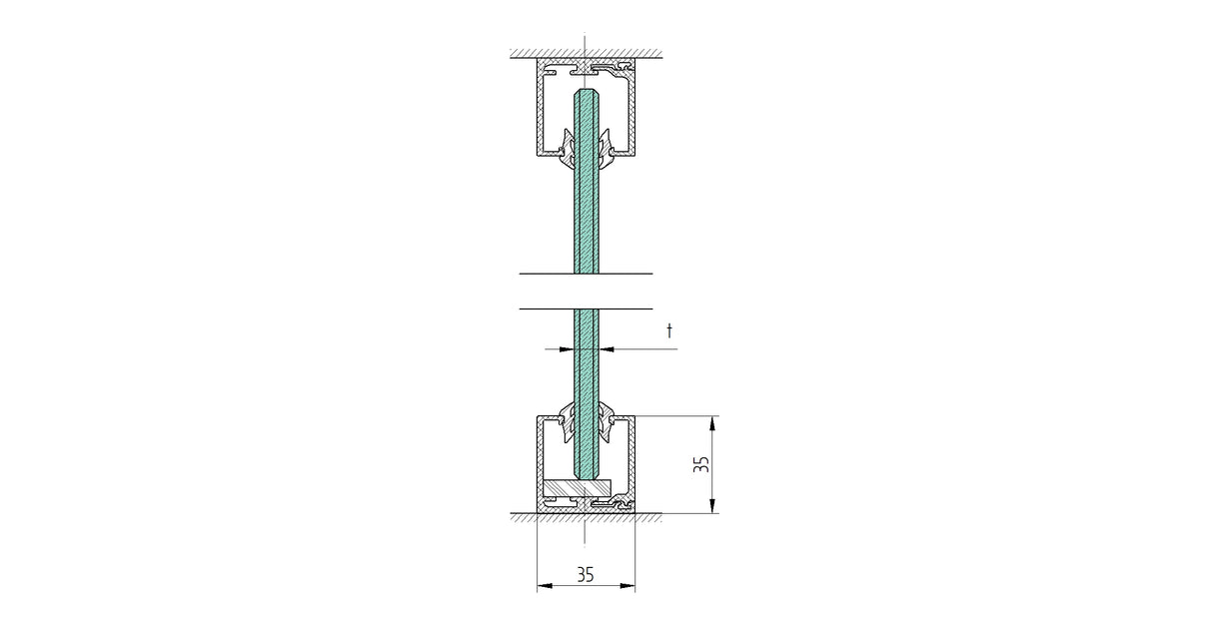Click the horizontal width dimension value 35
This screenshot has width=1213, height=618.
[586, 574]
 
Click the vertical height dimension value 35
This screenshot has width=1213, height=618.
[701, 464]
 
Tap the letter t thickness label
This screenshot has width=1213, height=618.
[670, 330]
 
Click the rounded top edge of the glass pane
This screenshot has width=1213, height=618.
[587, 91]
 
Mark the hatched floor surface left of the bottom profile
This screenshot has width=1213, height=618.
[523, 517]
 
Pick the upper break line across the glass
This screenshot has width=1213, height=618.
[586, 273]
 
